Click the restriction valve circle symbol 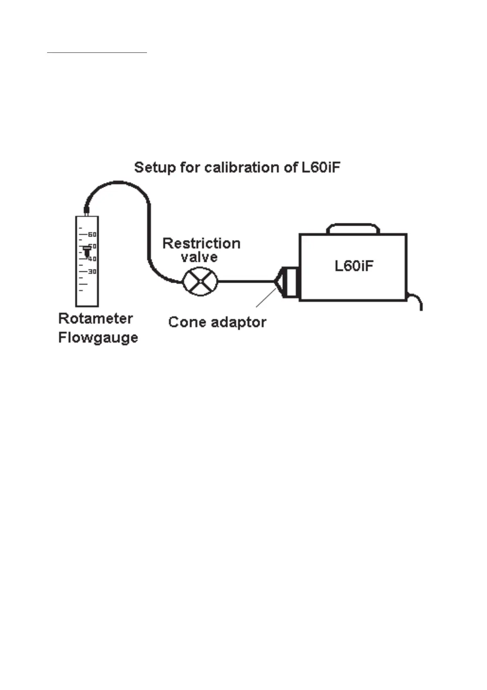[200, 281]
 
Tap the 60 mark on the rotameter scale [92, 234]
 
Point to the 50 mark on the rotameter [92, 246]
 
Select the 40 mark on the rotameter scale [92, 259]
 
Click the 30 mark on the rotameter [92, 272]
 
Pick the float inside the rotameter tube [86, 251]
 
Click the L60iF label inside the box [354, 266]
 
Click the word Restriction [201, 243]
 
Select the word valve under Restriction [199, 257]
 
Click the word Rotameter [95, 318]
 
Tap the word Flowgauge [98, 338]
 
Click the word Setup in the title [154, 168]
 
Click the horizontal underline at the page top [97, 53]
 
